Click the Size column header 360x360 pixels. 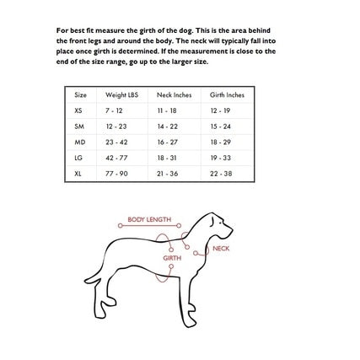[81, 94]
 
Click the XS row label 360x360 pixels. [78, 110]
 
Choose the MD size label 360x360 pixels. [79, 142]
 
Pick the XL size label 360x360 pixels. [78, 173]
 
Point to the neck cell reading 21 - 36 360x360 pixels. [167, 173]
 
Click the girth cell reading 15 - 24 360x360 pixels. [220, 126]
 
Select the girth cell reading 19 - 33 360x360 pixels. [220, 158]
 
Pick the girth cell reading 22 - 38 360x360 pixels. [220, 173]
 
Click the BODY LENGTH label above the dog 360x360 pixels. [149, 219]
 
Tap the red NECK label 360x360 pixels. [221, 249]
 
